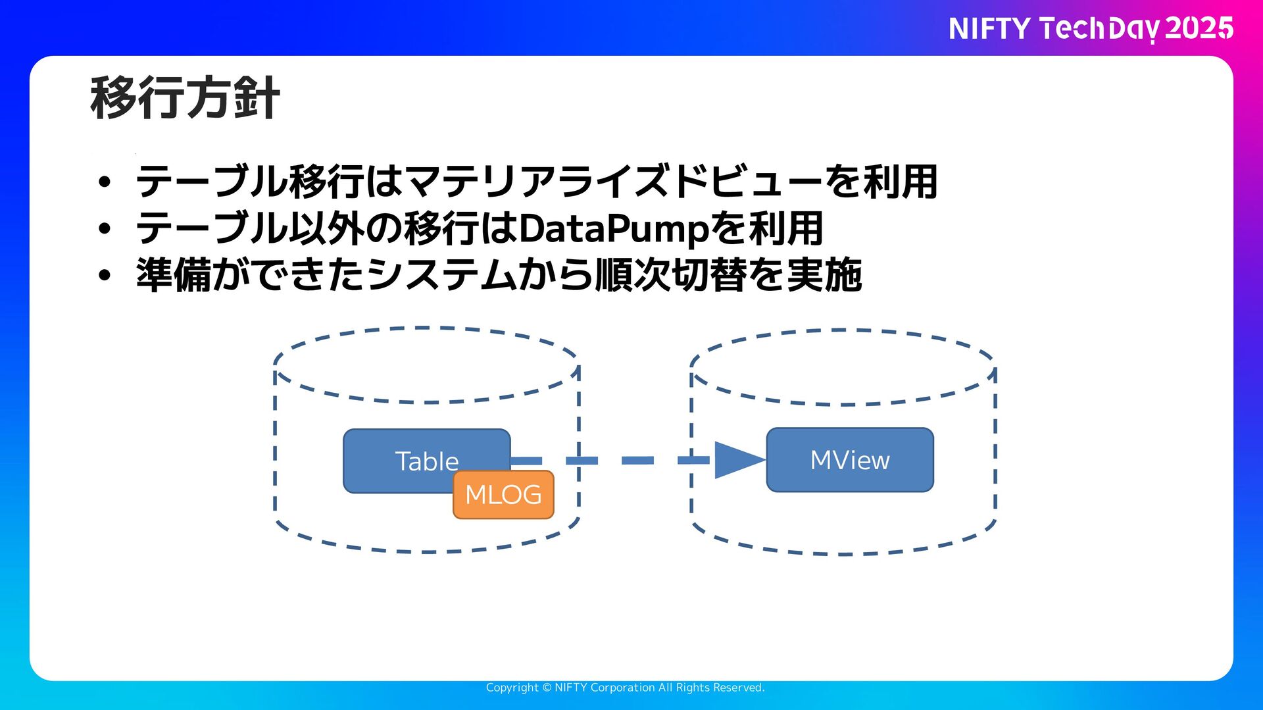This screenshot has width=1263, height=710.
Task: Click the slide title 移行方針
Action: point(185,99)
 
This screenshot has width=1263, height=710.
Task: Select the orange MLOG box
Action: point(503,495)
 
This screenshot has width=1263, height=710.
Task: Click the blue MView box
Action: point(850,460)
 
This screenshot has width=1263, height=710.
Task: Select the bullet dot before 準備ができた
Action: point(105,275)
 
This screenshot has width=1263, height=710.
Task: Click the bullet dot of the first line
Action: point(105,182)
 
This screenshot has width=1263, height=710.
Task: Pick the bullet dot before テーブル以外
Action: point(105,229)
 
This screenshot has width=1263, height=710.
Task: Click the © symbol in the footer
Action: point(547,688)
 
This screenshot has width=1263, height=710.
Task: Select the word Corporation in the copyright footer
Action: point(622,688)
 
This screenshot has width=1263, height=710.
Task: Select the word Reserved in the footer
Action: point(737,688)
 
